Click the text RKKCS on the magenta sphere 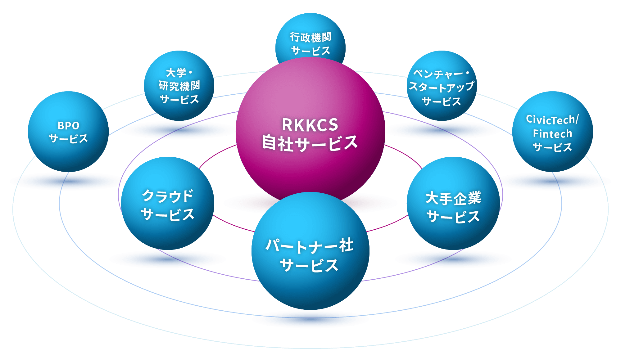pyautogui.click(x=310, y=125)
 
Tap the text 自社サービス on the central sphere pyautogui.click(x=310, y=143)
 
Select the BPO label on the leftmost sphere pyautogui.click(x=68, y=126)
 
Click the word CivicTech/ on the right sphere pyautogui.click(x=552, y=119)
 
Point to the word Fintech pyautogui.click(x=552, y=134)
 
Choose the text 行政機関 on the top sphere pyautogui.click(x=310, y=37)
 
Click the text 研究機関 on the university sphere pyautogui.click(x=179, y=86)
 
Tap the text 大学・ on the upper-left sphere pyautogui.click(x=179, y=73)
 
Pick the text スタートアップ pyautogui.click(x=442, y=87)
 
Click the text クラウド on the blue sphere pyautogui.click(x=168, y=196)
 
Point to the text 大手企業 pyautogui.click(x=453, y=198)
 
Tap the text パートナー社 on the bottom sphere pyautogui.click(x=310, y=246)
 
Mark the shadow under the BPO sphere pyautogui.click(x=68, y=181)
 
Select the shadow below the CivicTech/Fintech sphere pyautogui.click(x=553, y=181)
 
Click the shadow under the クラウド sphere pyautogui.click(x=168, y=259)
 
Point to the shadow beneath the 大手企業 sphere pyautogui.click(x=453, y=259)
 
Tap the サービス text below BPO pyautogui.click(x=68, y=139)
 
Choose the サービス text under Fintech pyautogui.click(x=552, y=147)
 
